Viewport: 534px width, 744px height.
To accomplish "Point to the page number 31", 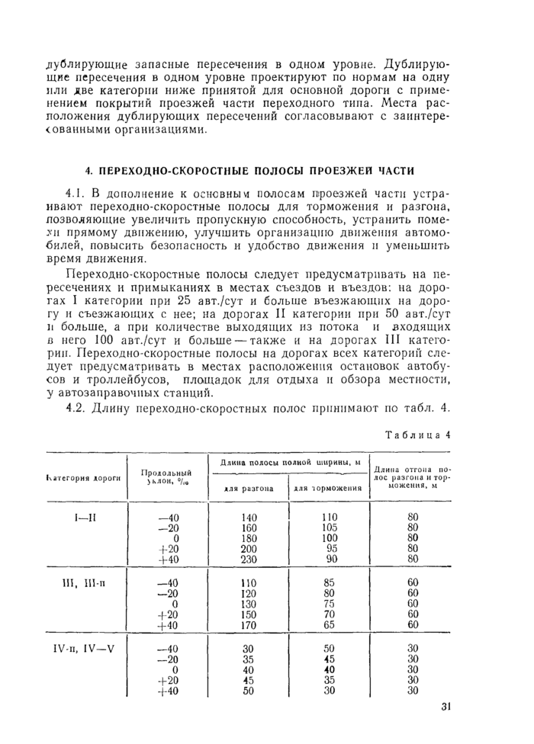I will coord(446,706).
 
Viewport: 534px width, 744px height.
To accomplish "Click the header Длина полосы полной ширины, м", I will coord(286,462).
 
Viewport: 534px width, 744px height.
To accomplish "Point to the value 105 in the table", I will coord(330,526).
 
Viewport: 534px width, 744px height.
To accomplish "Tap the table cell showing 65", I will coord(330,626).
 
